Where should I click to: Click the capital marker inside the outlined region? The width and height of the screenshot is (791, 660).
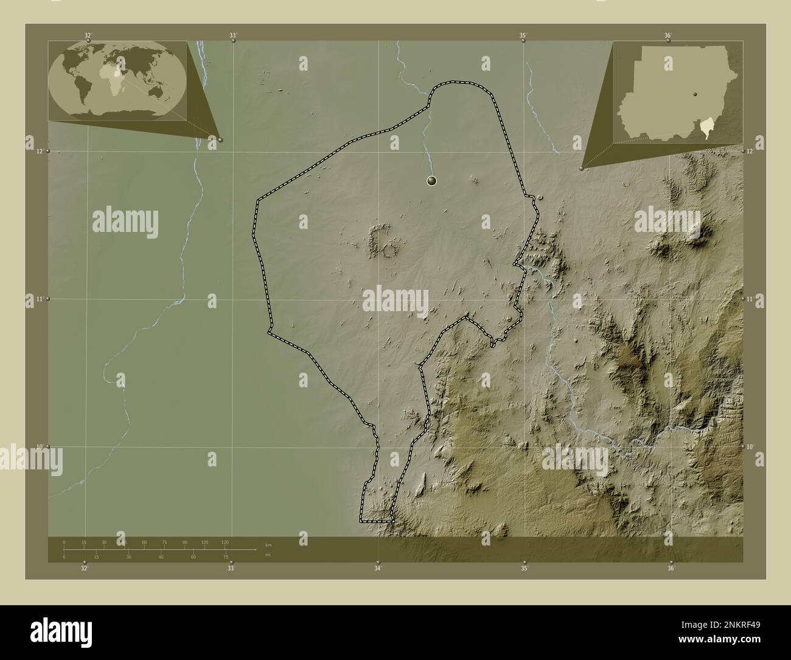(x=431, y=180)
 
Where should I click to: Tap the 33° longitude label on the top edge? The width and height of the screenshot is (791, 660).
(x=232, y=36)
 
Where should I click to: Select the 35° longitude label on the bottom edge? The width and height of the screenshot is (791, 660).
(x=524, y=569)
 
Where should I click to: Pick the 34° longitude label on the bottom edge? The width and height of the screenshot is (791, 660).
(x=378, y=569)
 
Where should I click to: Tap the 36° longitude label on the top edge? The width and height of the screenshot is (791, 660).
(x=667, y=36)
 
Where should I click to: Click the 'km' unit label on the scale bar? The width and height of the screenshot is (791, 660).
(x=268, y=544)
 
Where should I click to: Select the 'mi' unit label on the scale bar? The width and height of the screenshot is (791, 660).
(x=268, y=555)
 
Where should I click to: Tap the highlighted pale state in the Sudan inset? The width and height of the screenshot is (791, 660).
(x=705, y=128)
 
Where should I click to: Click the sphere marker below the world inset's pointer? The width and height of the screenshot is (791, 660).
(x=220, y=139)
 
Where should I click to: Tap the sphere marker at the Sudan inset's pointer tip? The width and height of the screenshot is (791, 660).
(x=582, y=168)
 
